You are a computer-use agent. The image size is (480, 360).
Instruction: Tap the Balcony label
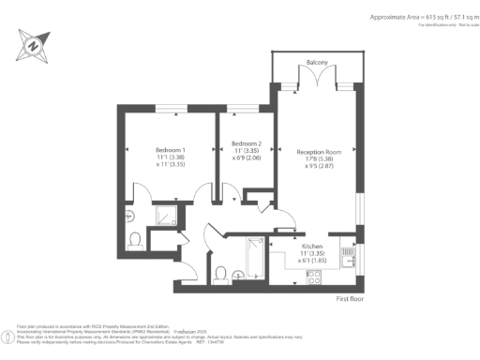pos(316,63)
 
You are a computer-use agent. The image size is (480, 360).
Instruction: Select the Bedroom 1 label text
pos(170,150)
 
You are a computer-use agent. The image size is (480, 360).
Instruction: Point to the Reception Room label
pos(317,151)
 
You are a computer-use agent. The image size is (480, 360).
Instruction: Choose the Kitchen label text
pos(312,246)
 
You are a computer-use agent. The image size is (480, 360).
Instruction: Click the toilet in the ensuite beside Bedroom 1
pos(135,240)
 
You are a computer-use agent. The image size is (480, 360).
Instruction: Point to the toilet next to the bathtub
pos(220,274)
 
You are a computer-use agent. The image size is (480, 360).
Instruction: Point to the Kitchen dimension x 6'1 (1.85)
pos(312,261)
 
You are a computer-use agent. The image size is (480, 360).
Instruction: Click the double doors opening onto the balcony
pos(316,85)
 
